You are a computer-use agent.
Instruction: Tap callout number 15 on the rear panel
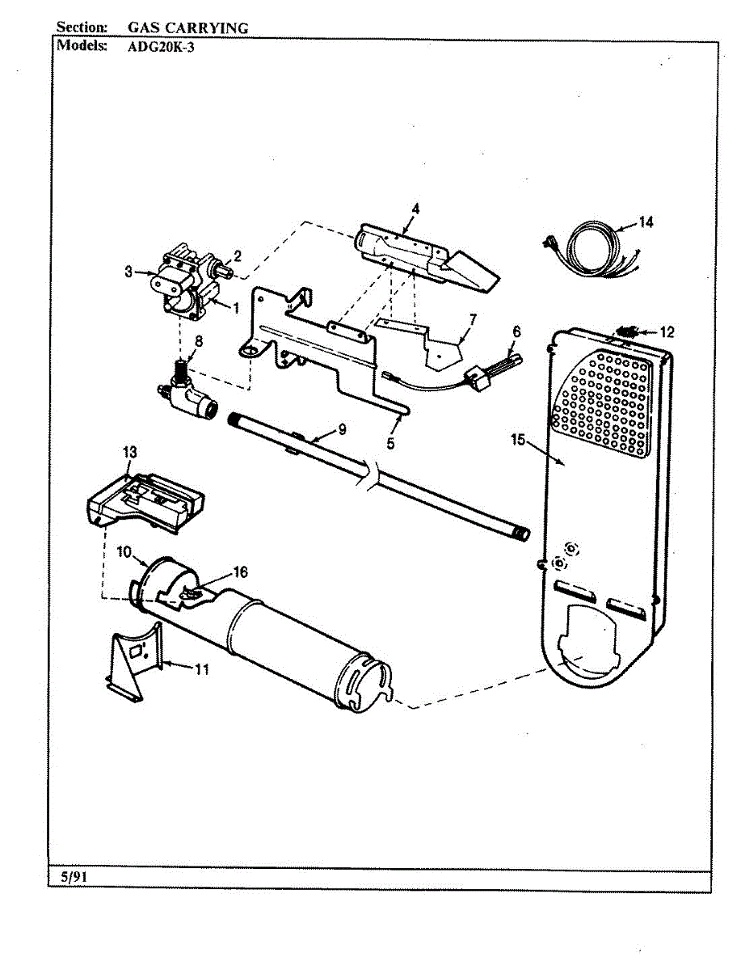pos(518,440)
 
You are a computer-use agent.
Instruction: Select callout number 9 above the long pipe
pos(342,429)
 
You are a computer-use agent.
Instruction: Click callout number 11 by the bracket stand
pos(202,668)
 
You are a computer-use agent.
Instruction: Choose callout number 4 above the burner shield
pos(415,209)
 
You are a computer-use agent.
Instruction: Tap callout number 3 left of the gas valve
pos(128,272)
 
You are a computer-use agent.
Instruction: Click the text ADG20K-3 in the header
pos(161,46)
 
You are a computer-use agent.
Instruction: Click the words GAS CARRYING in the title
pos(188,28)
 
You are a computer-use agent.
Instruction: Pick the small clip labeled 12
pos(628,331)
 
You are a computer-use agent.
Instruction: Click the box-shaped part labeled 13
pos(145,500)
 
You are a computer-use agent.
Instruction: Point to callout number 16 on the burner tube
pos(240,572)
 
